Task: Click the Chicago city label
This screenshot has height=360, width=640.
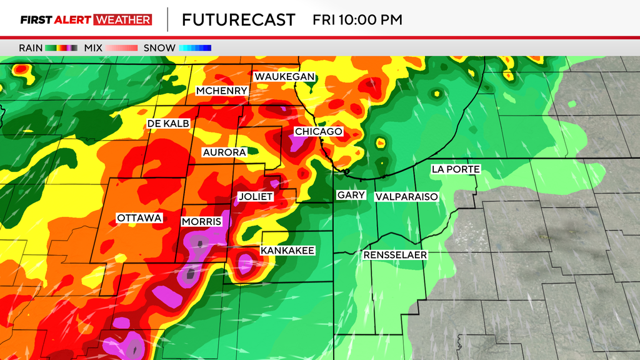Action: [x=318, y=132]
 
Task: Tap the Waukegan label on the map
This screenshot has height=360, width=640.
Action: [x=284, y=76]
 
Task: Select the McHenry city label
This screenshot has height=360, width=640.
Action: [x=222, y=91]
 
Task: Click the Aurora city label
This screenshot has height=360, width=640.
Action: [x=223, y=152]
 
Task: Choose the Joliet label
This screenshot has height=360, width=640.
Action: [x=256, y=196]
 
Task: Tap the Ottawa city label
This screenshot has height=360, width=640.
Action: [x=139, y=218]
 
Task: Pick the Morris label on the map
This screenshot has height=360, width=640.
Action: [x=201, y=222]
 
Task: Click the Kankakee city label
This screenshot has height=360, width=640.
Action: [x=287, y=251]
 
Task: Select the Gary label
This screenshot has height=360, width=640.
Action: [x=351, y=196]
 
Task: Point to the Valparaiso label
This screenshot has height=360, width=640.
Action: [x=406, y=197]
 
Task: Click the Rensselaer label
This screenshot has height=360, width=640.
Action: [x=395, y=255]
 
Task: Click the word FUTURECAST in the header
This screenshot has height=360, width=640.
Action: [x=238, y=19]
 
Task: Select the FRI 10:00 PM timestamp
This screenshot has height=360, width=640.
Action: [x=357, y=19]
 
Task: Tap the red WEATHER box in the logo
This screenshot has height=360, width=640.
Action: [x=122, y=19]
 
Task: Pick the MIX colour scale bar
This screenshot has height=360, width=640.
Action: [x=122, y=47]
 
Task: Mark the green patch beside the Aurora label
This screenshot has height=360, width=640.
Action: [x=252, y=151]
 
